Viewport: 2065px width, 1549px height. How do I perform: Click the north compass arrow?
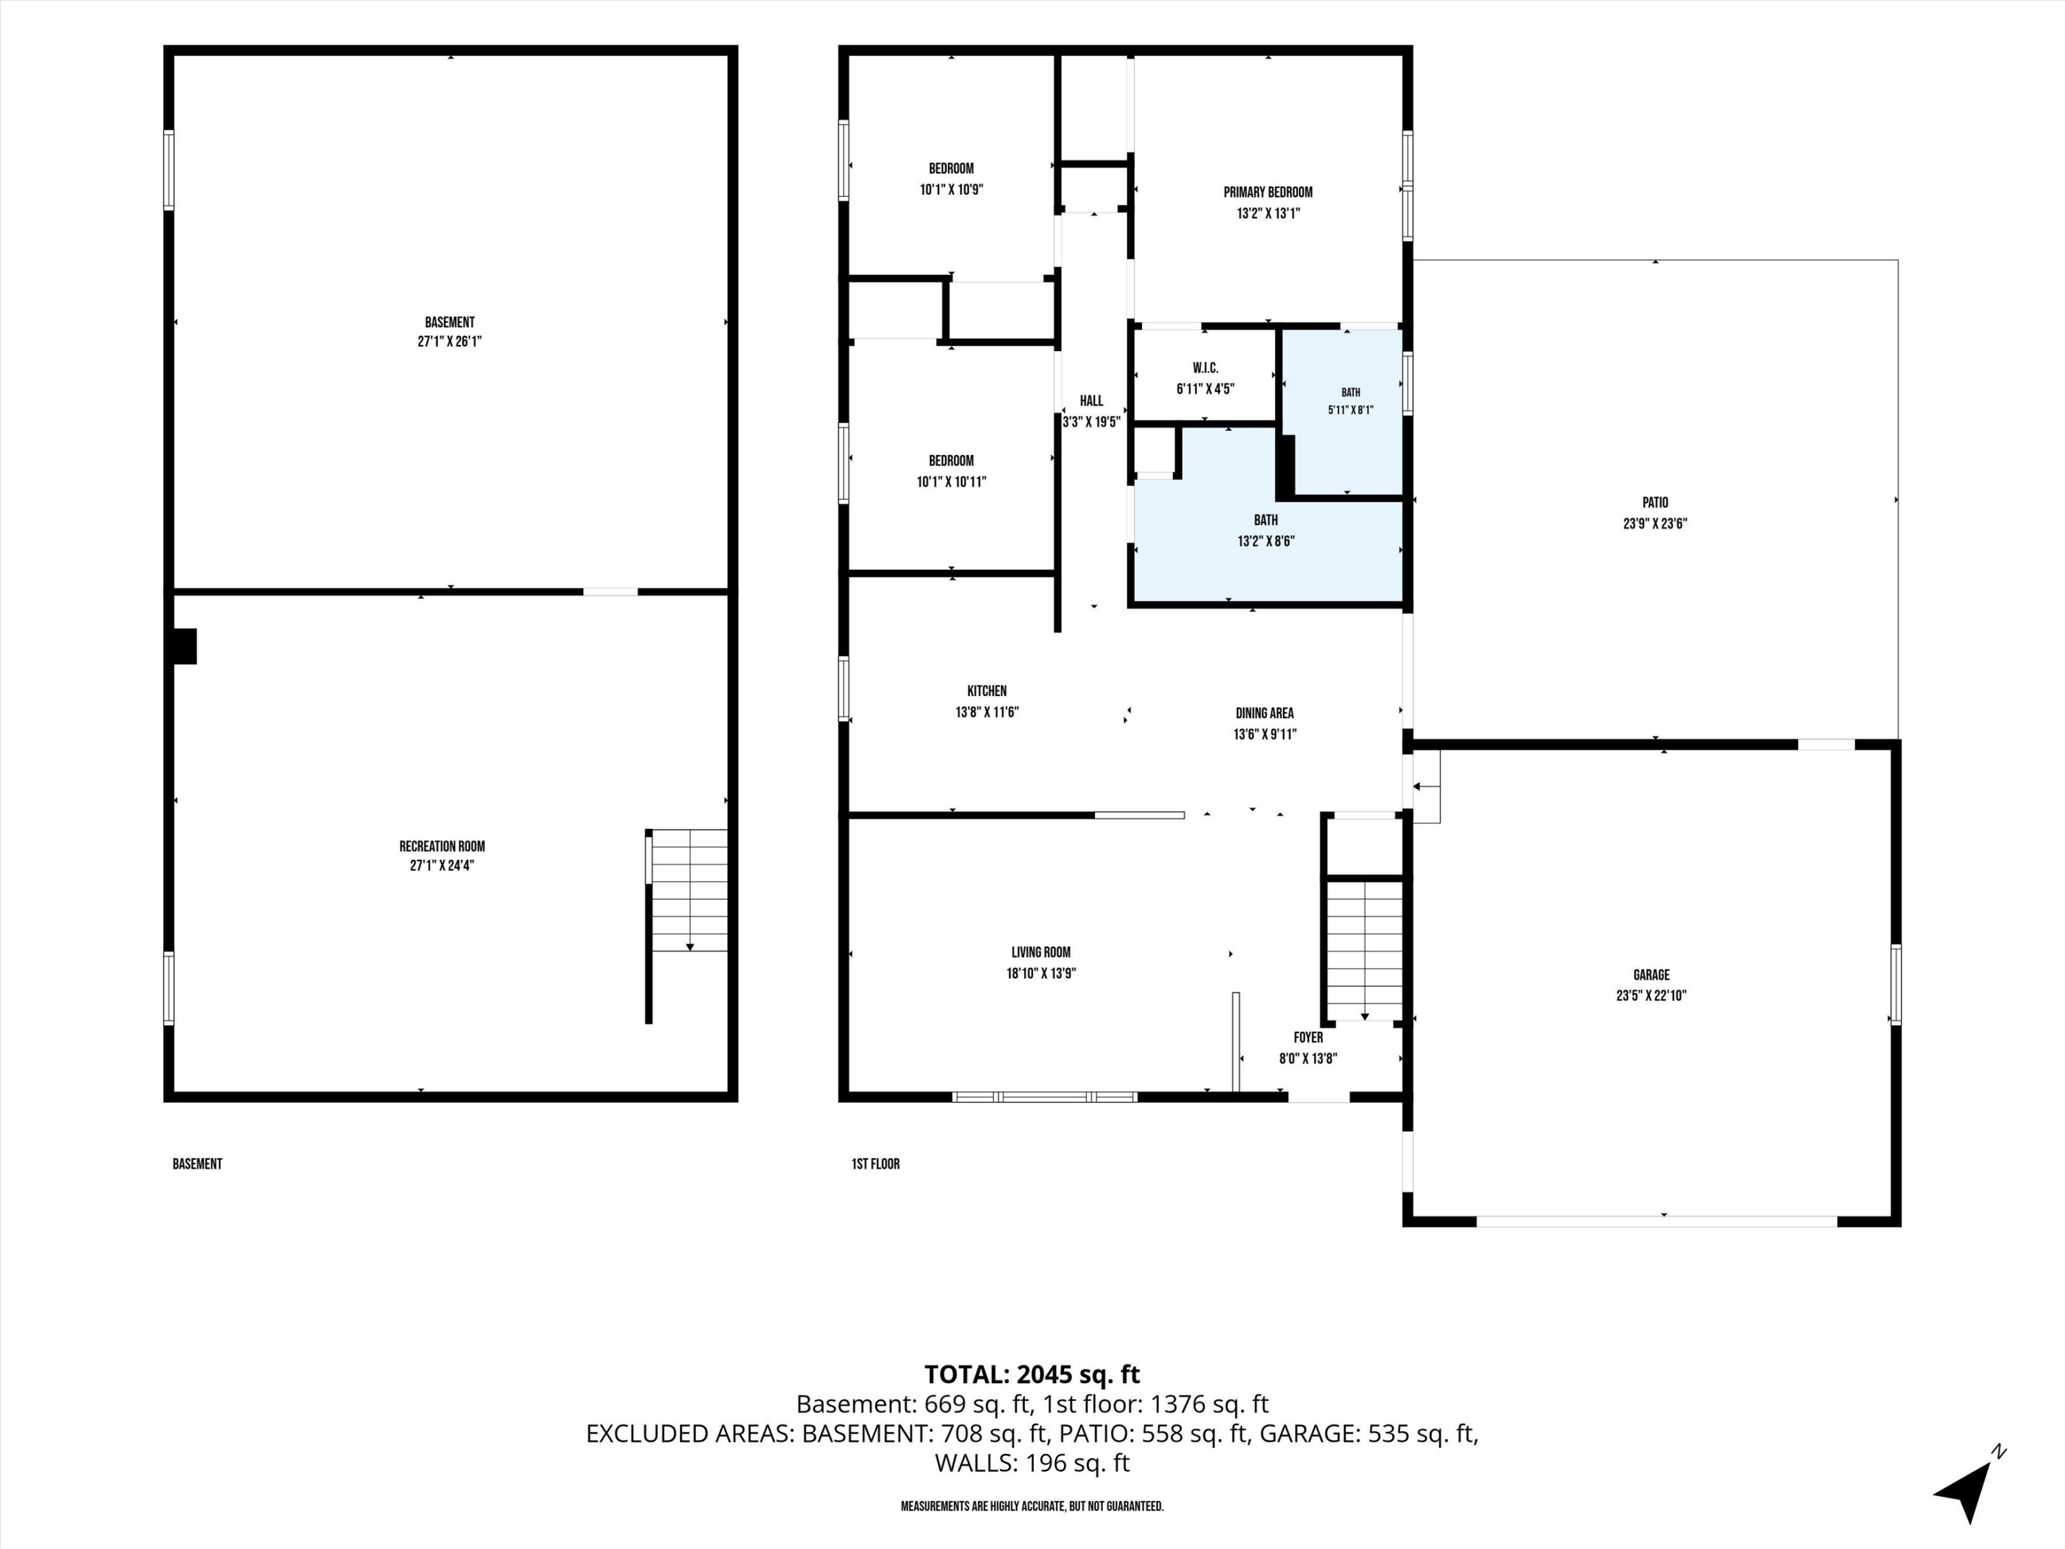point(1968,1492)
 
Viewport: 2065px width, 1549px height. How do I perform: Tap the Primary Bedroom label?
point(1268,192)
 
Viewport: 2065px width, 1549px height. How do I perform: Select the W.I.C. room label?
point(1205,368)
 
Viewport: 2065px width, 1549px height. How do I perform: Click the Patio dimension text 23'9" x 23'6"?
point(1655,524)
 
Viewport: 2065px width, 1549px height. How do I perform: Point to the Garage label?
point(1651,975)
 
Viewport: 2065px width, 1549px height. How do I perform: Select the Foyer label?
point(1308,1037)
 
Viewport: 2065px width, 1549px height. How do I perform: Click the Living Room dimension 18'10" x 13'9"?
point(1041,973)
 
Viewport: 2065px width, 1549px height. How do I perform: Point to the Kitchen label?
point(987,691)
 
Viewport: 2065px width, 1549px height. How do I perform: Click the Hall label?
point(1091,401)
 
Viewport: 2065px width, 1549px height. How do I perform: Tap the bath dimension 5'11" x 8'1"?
point(1351,410)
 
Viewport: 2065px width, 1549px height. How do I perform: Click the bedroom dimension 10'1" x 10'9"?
point(951,189)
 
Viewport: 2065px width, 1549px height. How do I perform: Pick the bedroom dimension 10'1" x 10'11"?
point(951,482)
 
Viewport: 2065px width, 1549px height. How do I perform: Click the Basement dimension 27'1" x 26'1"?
point(450,341)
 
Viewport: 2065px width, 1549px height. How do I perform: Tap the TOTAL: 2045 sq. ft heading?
point(1032,1374)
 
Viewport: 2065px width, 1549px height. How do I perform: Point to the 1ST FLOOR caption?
point(876,1164)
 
